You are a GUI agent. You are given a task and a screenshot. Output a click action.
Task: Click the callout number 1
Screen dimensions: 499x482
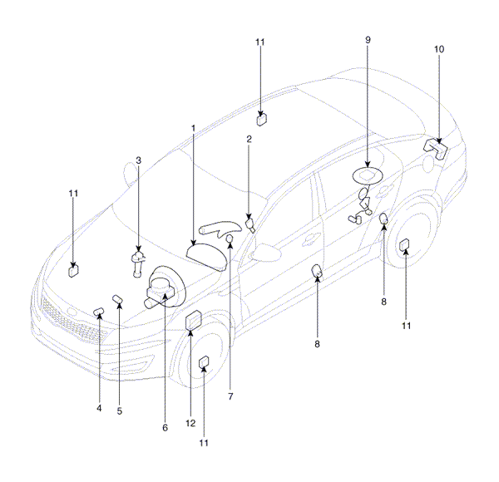tap(193, 129)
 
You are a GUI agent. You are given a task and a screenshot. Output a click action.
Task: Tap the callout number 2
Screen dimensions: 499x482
tap(249, 139)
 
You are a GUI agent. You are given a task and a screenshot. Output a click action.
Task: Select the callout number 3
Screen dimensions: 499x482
tap(138, 160)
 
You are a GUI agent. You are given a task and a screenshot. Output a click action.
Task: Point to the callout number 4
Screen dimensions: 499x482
tap(99, 408)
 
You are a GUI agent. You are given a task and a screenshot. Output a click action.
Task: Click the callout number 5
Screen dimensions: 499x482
tap(119, 411)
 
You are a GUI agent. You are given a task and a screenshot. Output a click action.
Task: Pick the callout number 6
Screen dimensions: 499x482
tap(165, 428)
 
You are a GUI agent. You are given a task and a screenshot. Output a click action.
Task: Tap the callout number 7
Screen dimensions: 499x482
tap(230, 396)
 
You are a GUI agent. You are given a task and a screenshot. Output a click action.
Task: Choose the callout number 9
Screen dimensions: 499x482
tap(368, 40)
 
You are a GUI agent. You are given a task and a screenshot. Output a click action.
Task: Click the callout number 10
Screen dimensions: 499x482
tap(439, 49)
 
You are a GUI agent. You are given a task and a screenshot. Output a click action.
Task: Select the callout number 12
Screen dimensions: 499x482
tap(190, 423)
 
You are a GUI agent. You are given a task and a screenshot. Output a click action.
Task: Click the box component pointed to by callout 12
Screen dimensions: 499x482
tap(194, 319)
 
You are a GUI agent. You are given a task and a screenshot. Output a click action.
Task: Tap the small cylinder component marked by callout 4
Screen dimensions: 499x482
tap(99, 312)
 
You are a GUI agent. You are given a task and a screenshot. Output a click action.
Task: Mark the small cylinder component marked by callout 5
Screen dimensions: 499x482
tap(118, 299)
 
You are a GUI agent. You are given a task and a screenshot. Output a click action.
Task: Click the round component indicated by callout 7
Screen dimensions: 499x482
tap(230, 239)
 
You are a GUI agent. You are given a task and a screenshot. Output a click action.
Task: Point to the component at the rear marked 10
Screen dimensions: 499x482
tap(435, 148)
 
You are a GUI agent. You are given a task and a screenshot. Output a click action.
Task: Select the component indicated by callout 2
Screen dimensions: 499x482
tap(250, 224)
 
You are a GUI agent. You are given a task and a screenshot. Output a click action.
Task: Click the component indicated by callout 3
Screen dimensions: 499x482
tap(138, 263)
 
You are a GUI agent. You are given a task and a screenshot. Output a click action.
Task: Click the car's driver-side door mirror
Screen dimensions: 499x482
tap(265, 253)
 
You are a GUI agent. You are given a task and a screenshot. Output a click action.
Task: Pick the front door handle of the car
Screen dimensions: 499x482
tap(312, 238)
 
